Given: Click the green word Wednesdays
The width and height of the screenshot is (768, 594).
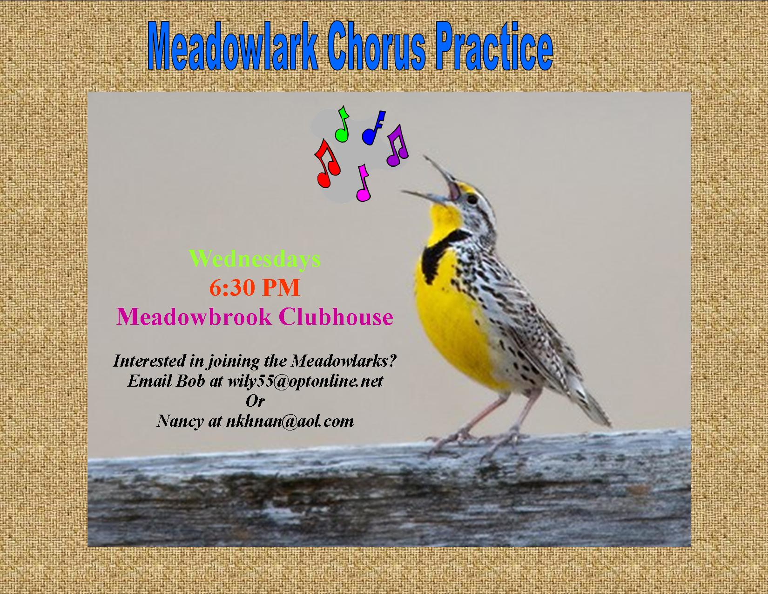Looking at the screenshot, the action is point(255,259).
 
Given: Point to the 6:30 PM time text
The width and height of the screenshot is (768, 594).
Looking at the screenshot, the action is point(255,287).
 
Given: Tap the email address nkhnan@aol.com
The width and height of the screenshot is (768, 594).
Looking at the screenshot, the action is point(290,421).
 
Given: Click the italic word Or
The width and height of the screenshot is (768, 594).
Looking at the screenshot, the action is point(255,401).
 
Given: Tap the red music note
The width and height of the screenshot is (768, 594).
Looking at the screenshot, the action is point(327,164).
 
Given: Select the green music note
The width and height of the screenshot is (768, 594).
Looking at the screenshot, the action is point(343,124).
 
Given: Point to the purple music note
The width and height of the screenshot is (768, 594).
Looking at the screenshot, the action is point(398,145).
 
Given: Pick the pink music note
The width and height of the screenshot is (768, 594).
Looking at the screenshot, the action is point(363,183).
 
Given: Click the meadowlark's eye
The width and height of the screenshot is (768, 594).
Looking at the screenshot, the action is point(472,200).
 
